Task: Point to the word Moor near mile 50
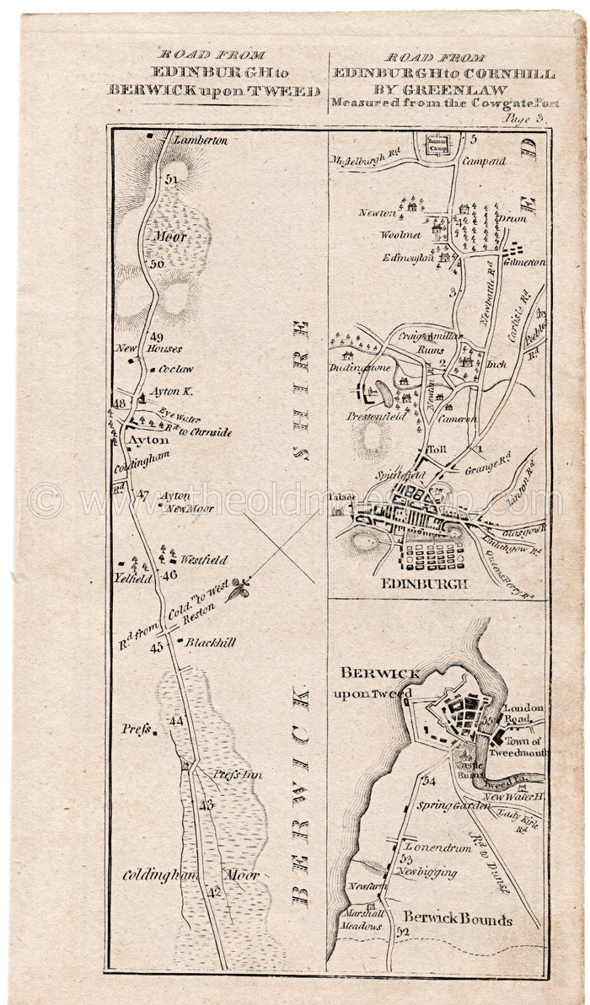coord(169,237)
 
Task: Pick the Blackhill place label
coord(210,642)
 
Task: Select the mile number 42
coord(215,892)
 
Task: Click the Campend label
coord(485,160)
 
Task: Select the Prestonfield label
coord(376,416)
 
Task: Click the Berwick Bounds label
coord(457,919)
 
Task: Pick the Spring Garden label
coord(453,805)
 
